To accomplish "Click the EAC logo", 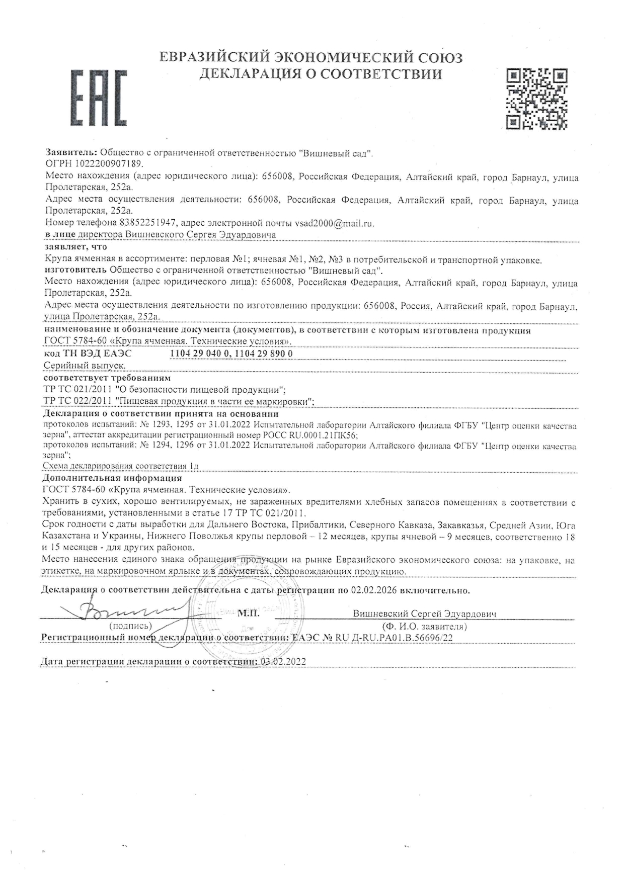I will coord(98,98).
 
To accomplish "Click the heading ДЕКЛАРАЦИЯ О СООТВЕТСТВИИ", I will coord(321,74).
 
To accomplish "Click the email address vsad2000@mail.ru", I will coord(334,223).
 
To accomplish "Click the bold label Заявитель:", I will coord(71,152).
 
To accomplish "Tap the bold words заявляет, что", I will coord(75,247).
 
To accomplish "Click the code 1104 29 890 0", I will coord(264,354).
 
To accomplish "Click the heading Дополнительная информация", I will coord(112,478).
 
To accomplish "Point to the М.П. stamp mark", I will coord(249,613).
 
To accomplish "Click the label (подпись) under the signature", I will coord(130,626).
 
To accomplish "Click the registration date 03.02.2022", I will coord(283,662).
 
